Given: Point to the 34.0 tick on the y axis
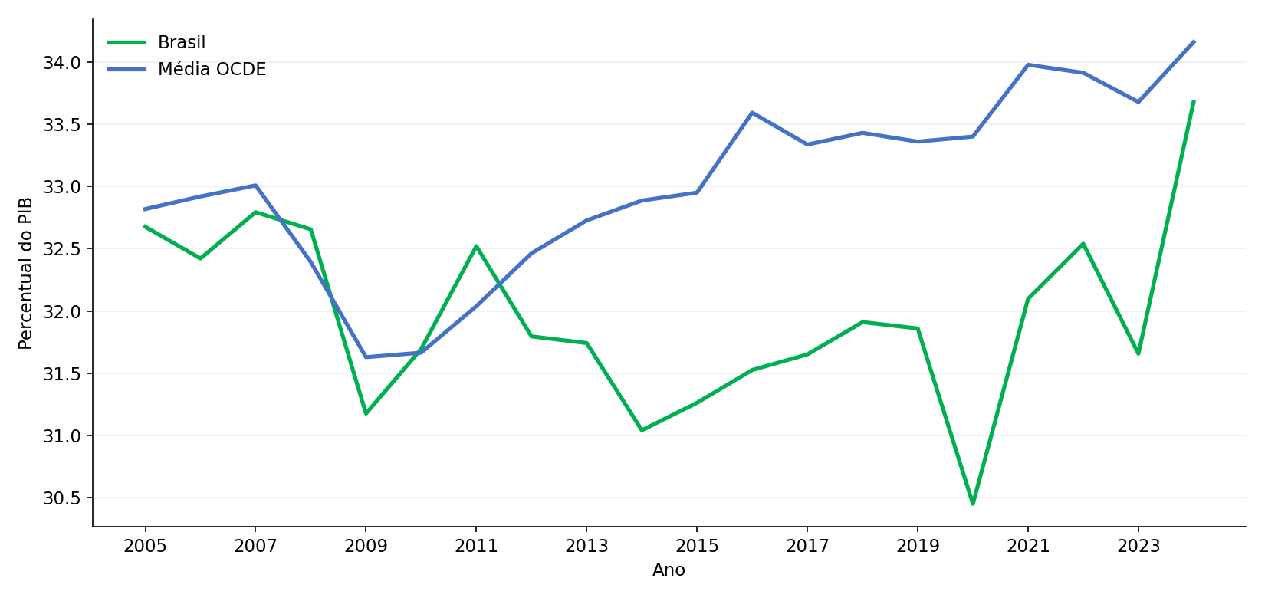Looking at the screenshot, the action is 62,62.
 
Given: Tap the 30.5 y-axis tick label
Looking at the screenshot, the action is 62,498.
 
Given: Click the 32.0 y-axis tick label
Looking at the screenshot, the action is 62,311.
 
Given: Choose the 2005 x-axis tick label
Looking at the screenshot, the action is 145,546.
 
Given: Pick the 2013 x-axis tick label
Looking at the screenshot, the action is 586,546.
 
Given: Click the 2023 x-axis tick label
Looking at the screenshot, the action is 1138,546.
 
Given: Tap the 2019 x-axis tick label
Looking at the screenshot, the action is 918,546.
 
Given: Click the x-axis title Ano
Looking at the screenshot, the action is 669,570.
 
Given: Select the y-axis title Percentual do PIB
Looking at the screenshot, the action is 25,273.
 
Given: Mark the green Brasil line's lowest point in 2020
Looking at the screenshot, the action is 973,504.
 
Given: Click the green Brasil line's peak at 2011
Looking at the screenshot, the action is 477,246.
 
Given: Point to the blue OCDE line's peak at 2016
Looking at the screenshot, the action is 752,113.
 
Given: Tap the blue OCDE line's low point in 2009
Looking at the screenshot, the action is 366,356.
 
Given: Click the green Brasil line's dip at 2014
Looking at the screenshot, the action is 642,430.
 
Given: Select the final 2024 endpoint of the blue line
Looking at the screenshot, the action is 1194,41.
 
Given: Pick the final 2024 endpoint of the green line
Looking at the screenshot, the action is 1193,101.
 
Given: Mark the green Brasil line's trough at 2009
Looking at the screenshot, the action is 366,413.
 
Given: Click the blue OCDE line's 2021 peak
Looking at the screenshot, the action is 1028,65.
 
